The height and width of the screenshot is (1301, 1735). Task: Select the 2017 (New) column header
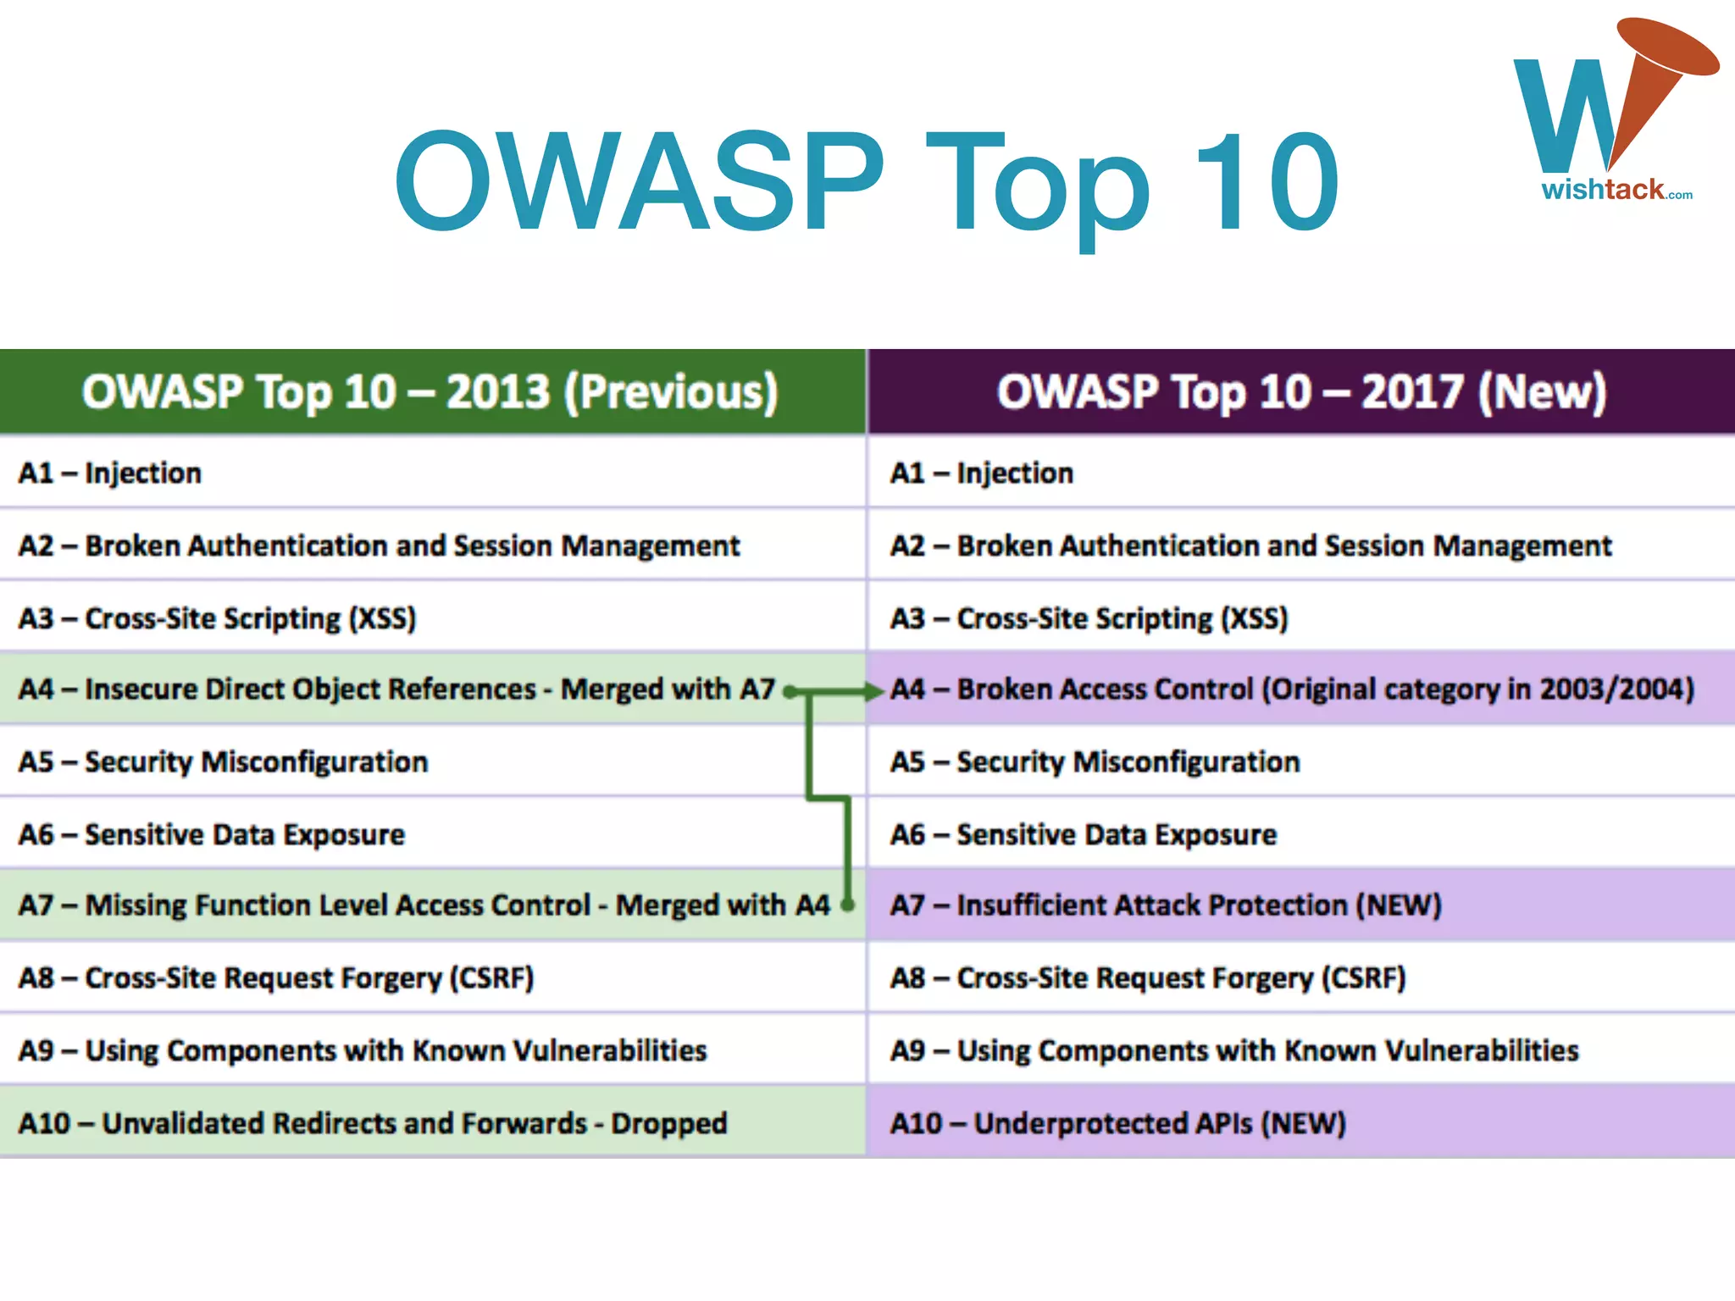[1301, 392]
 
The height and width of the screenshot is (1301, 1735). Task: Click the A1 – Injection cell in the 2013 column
[110, 473]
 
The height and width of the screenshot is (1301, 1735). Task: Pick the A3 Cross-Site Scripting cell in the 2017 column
[1089, 618]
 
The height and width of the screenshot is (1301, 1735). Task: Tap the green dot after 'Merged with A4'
[847, 905]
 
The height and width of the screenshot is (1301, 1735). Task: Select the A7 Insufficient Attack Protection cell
[1166, 905]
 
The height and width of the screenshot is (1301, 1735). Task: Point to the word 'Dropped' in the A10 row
[669, 1124]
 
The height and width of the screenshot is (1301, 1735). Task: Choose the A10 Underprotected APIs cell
[1118, 1124]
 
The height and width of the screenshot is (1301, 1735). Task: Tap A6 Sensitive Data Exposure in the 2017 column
[1084, 835]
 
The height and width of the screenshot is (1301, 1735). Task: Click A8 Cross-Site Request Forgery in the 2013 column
[276, 978]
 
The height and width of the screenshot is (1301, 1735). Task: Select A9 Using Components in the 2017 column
[1234, 1051]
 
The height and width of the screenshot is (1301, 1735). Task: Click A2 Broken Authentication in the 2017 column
[1250, 546]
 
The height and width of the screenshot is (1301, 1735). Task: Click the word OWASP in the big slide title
[640, 182]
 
